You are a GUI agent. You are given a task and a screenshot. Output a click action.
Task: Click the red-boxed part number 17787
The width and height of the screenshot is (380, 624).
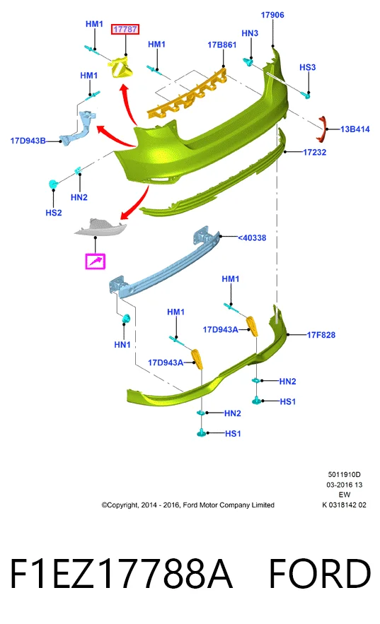coord(125,29)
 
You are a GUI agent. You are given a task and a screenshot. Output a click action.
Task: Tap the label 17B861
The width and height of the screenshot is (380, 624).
coord(222,45)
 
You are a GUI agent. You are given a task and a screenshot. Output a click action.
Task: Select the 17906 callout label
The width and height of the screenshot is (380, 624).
coord(272,15)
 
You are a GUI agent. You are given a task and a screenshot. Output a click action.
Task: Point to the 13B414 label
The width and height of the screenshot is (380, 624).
coord(355,129)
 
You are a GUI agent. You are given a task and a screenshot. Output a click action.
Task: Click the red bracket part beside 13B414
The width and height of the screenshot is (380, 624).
coord(322,129)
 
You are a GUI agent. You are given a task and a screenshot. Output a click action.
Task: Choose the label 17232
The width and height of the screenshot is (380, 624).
coord(315,152)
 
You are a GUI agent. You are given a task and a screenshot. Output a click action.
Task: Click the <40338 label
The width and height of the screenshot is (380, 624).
coord(252,237)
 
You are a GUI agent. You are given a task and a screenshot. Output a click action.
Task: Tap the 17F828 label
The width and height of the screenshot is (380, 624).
coord(321,335)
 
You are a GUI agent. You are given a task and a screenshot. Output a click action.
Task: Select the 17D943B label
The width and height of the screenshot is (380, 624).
coord(28,141)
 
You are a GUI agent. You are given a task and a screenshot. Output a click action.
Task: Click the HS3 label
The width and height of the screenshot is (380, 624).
coord(308,67)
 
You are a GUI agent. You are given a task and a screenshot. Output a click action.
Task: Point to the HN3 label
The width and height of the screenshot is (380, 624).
coord(250,33)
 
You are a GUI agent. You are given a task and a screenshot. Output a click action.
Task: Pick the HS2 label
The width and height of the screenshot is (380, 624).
coord(54,213)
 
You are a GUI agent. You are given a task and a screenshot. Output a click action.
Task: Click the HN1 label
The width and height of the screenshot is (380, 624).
coord(122,345)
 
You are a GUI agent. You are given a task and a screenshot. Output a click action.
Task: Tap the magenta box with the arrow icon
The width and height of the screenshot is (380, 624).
coord(96,261)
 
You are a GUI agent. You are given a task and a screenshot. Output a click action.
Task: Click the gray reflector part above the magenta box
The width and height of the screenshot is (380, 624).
coord(100,228)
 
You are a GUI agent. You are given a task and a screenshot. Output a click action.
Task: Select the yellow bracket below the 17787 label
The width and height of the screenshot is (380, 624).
coord(122,67)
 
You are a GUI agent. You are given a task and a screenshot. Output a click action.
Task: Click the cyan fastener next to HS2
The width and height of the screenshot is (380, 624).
coord(53,184)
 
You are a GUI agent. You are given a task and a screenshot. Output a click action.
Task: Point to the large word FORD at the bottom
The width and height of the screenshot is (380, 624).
coord(320,573)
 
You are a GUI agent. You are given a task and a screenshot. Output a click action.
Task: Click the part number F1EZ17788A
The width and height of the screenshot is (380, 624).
coord(121,573)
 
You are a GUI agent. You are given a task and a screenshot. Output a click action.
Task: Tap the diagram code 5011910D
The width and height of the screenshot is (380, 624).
coord(344,474)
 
